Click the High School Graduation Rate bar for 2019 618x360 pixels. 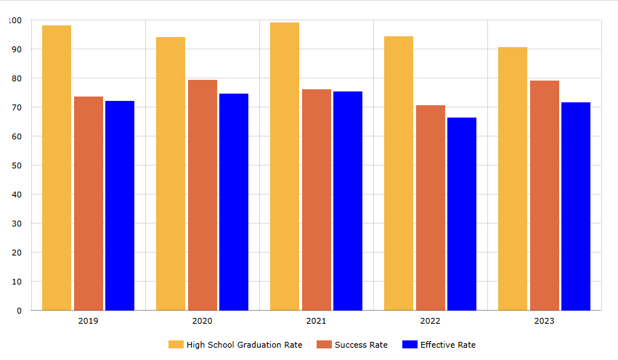click(57, 168)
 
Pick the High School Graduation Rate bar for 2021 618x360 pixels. click(285, 166)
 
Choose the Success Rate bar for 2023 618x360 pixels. click(545, 195)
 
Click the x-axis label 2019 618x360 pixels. click(88, 320)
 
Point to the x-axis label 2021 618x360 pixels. click(316, 320)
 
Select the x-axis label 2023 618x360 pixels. click(544, 320)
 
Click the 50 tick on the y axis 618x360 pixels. click(16, 165)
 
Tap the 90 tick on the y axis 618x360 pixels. click(16, 49)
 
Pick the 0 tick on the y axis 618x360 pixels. click(19, 311)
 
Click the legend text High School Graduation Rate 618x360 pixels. click(244, 345)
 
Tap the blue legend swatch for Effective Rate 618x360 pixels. click(409, 345)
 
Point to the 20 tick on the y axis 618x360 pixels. click(16, 253)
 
